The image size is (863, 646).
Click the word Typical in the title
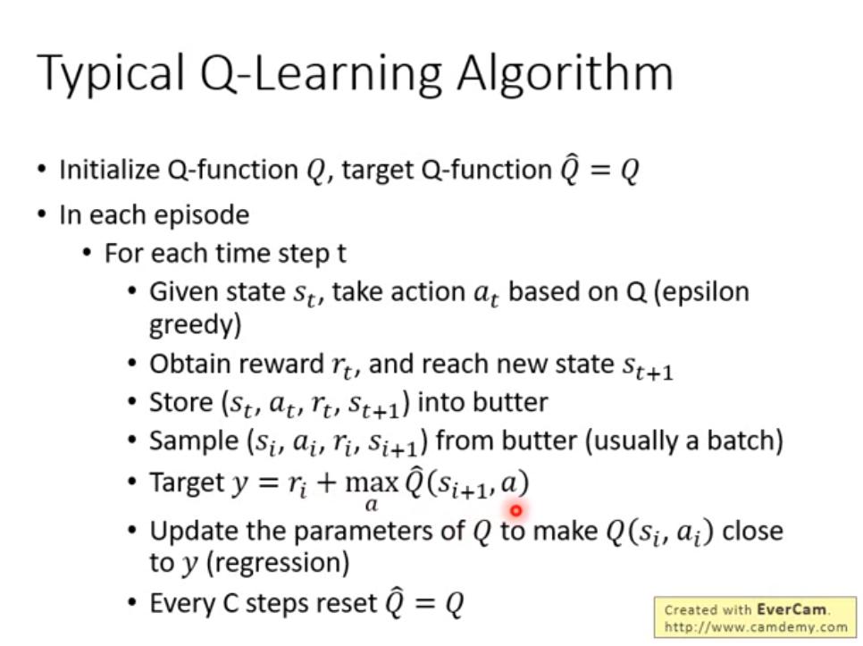110,74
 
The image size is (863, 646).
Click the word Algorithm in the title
566,74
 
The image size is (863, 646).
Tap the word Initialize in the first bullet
110,170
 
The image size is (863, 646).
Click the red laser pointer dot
515,511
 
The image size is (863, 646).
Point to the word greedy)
196,326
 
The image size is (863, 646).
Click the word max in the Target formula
372,482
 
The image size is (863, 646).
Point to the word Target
187,483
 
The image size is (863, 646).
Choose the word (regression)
277,563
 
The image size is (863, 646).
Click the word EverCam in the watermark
792,609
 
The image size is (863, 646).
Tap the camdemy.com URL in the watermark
756,627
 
